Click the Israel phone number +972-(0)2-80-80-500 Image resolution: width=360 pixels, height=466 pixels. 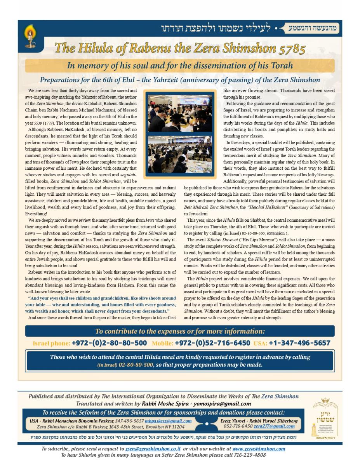109,343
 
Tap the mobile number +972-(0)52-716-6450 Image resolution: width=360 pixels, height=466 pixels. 212,343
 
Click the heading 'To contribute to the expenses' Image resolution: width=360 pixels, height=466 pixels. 180,331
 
